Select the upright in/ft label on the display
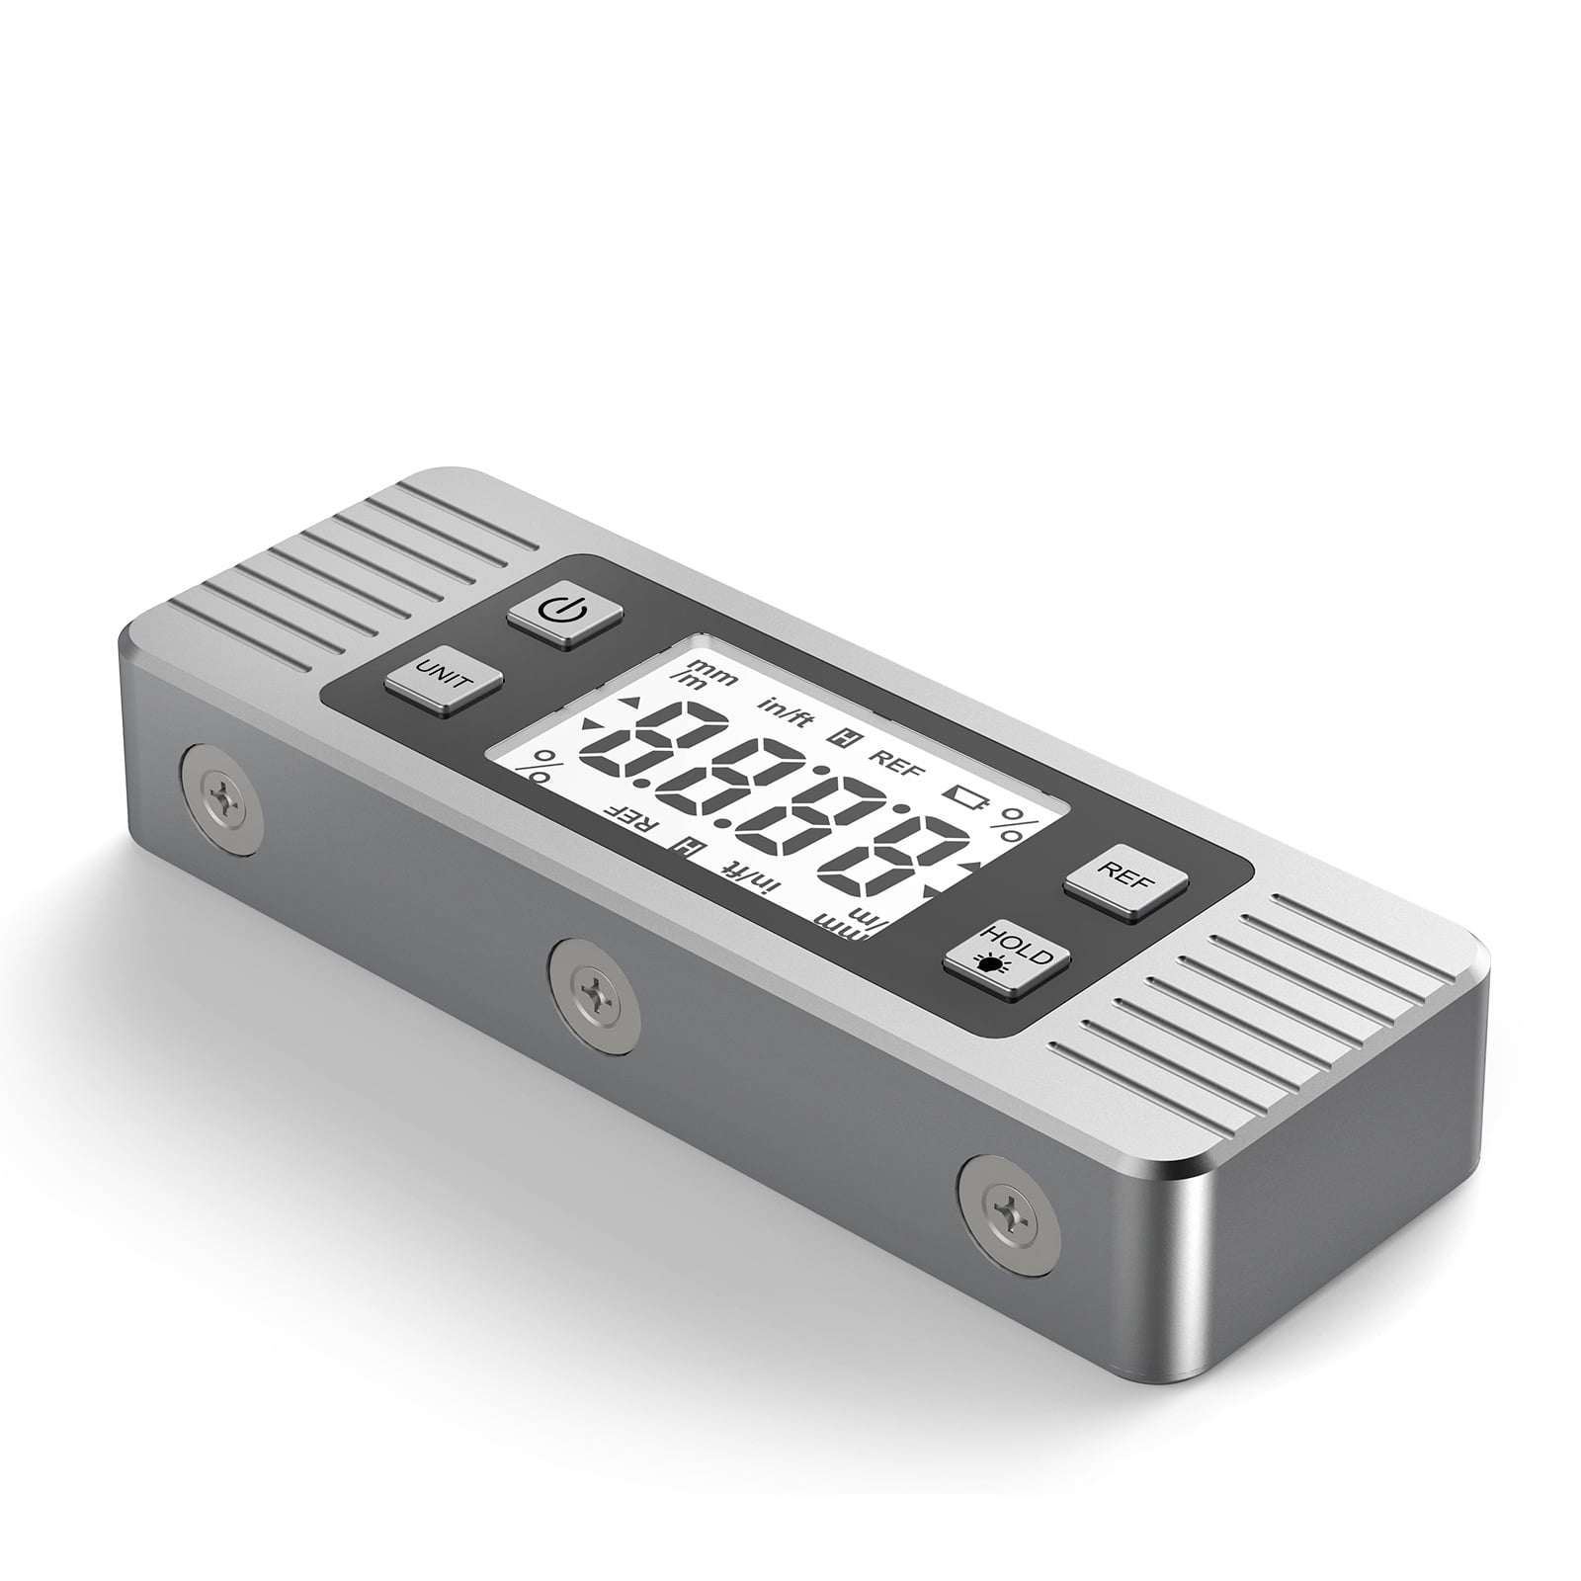coord(787,710)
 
